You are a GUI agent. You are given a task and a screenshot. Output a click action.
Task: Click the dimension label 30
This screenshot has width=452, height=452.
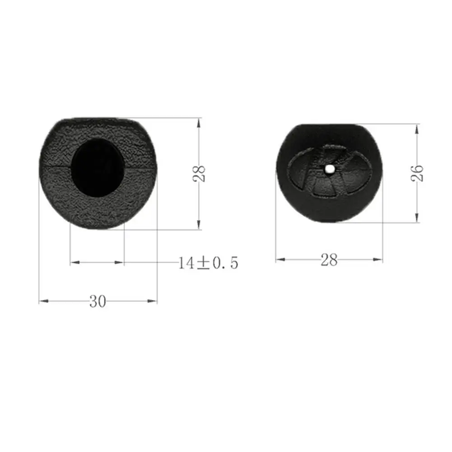(98, 301)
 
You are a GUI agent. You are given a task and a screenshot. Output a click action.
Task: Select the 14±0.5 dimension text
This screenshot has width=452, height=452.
(208, 263)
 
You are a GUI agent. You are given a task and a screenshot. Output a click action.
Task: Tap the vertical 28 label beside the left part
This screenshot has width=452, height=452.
(199, 173)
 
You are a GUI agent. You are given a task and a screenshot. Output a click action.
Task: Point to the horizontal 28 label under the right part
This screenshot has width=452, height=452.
(329, 260)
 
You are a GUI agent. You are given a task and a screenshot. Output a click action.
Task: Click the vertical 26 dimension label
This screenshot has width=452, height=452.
(417, 173)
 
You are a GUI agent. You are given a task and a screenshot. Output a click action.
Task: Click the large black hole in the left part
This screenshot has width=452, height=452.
(98, 168)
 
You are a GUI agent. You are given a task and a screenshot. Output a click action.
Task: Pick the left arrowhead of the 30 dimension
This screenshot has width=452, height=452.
(44, 301)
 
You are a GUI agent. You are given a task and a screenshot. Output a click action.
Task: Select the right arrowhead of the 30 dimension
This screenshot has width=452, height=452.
(152, 301)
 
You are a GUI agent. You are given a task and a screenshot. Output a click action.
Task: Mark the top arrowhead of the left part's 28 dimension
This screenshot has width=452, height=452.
(199, 123)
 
